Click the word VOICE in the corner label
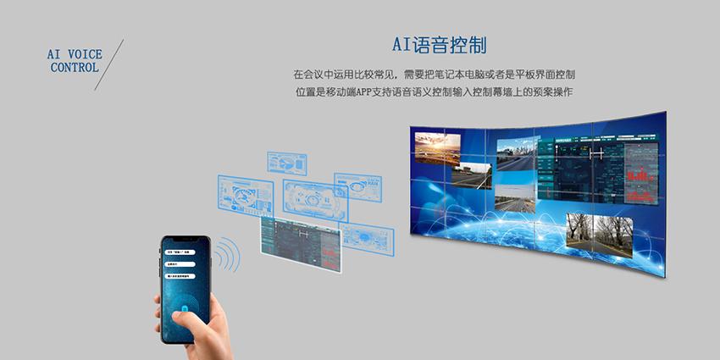click(x=84, y=53)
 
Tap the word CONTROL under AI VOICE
click(x=75, y=67)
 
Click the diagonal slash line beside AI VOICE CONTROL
click(x=109, y=64)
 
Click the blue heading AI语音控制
click(x=439, y=44)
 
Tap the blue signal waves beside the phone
click(x=227, y=253)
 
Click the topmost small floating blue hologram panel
click(x=286, y=162)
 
